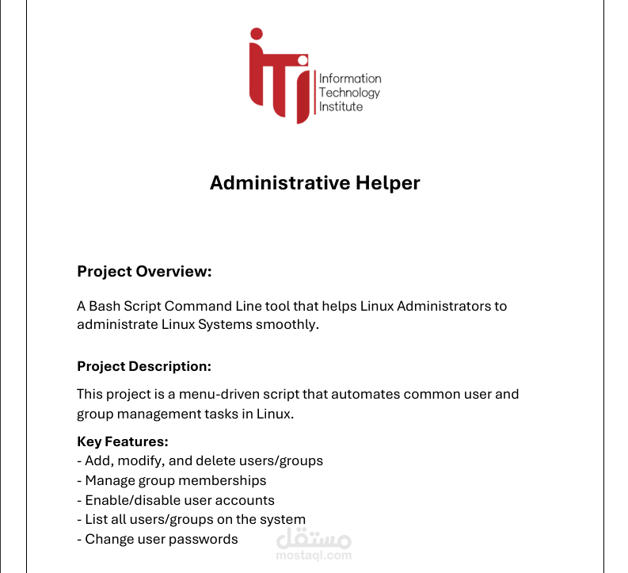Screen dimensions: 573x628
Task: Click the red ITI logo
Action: coord(280,76)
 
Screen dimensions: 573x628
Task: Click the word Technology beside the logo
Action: coord(349,92)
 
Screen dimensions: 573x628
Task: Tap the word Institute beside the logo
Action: coord(341,106)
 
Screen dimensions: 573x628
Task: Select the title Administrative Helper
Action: coord(314,183)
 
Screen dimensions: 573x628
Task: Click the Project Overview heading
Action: coord(144,272)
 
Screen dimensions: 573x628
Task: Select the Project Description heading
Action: coord(144,367)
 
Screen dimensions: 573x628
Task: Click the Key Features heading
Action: coord(123,441)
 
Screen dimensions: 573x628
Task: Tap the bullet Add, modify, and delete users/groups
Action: coord(200,460)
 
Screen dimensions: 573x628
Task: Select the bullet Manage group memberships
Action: coord(171,480)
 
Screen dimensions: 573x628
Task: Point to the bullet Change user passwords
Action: coord(158,539)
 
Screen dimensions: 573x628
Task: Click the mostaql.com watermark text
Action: coord(314,556)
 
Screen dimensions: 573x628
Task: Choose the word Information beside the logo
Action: coord(349,78)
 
